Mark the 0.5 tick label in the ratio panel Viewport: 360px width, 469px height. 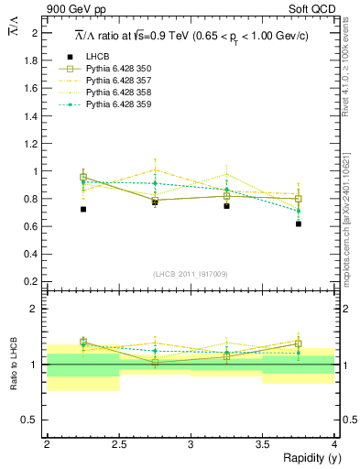click(x=32, y=420)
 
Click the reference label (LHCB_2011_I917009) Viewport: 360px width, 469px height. click(x=191, y=274)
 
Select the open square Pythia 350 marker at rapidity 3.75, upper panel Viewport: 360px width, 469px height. click(x=299, y=199)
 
